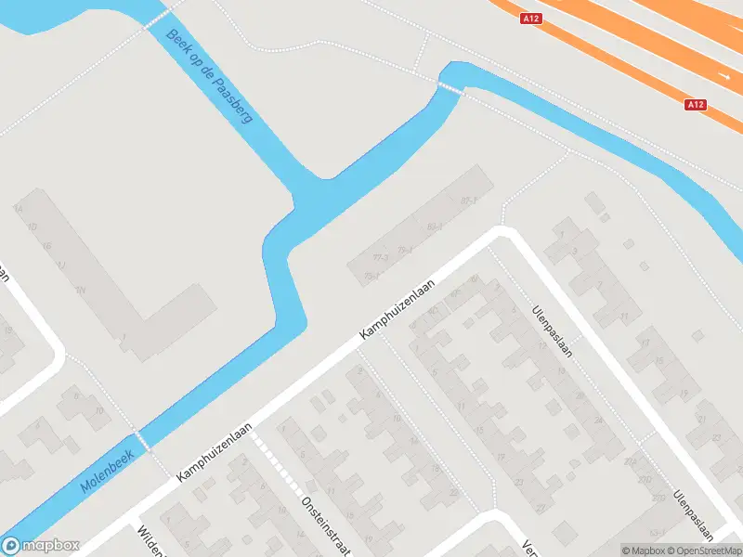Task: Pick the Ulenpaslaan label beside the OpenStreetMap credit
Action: pyautogui.click(x=694, y=514)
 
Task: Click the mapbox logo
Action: pyautogui.click(x=40, y=546)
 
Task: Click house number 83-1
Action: pyautogui.click(x=434, y=226)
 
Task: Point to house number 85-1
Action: pyautogui.click(x=468, y=201)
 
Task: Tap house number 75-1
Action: pyautogui.click(x=371, y=276)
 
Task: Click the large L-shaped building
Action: pyautogui.click(x=139, y=316)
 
